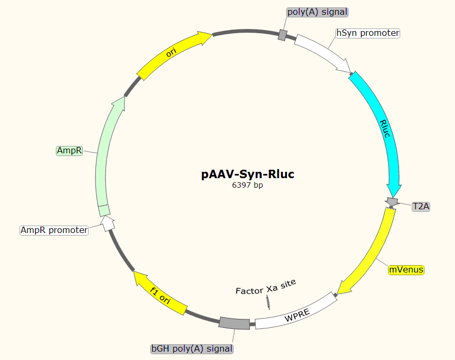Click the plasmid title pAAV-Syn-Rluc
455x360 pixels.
coord(247,174)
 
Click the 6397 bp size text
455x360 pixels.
coord(247,185)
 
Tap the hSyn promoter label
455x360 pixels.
coord(368,33)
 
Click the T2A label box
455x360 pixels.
coord(421,207)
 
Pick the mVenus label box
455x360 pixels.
coord(405,270)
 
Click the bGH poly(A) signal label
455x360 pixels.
coord(192,348)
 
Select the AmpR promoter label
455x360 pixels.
coord(54,230)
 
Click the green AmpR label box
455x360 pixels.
coord(70,151)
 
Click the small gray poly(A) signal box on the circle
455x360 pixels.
coord(283,35)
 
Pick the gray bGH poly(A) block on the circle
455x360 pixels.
coord(234,323)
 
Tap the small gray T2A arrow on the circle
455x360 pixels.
coord(392,201)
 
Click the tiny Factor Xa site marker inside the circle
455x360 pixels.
coord(268,302)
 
